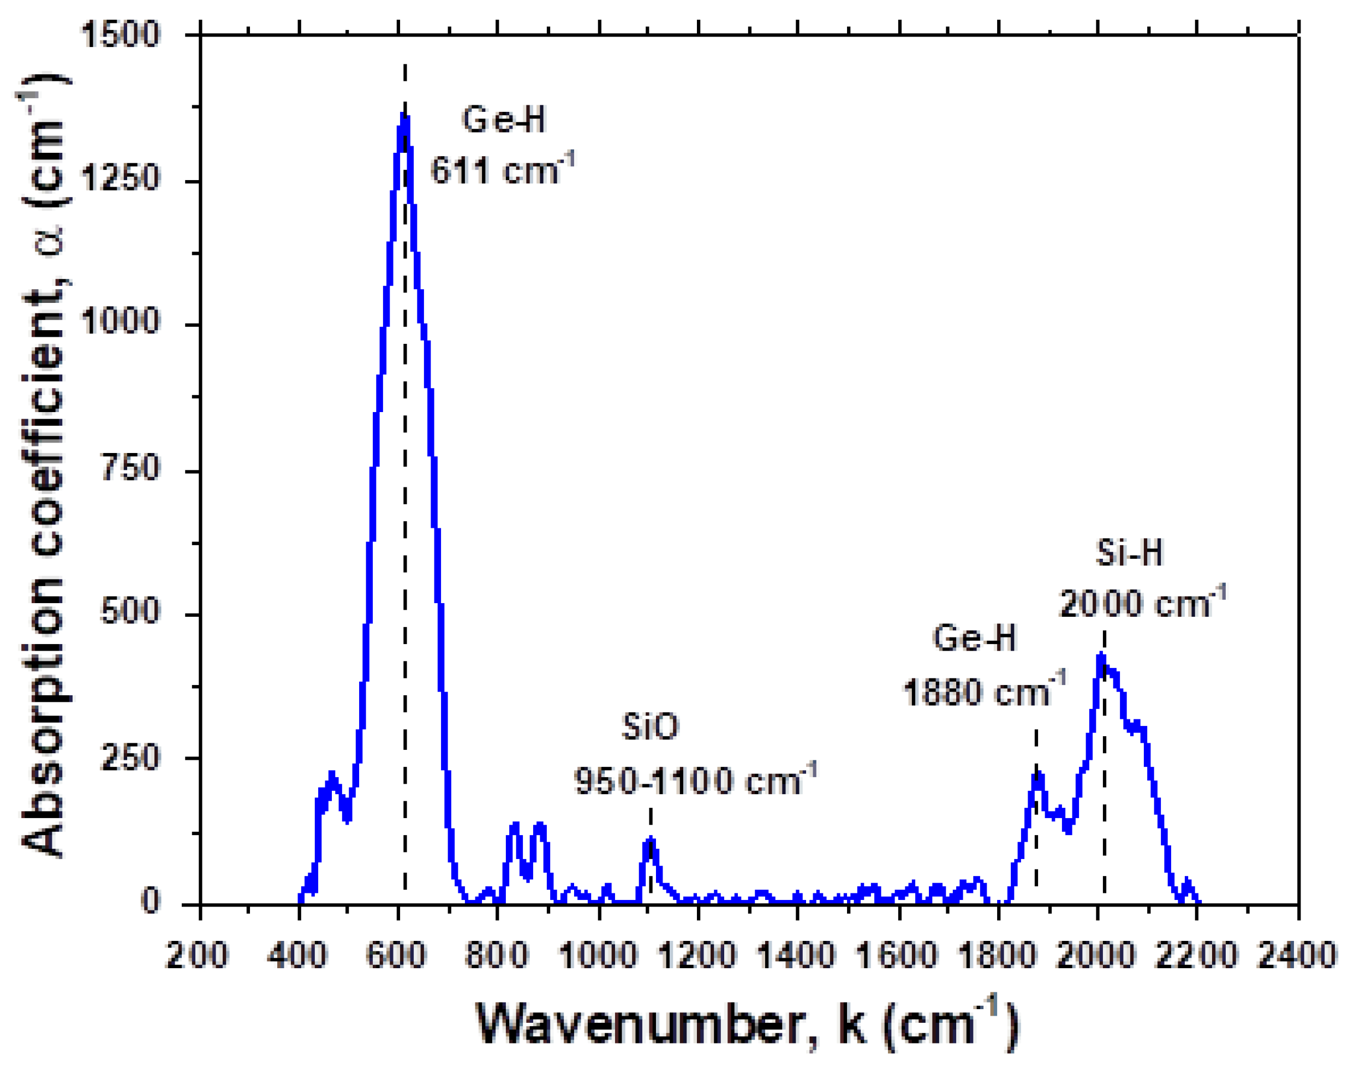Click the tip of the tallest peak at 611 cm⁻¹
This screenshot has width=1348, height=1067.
tap(403, 116)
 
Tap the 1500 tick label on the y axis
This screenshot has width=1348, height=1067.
tap(121, 34)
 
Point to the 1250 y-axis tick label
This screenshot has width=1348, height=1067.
tap(121, 180)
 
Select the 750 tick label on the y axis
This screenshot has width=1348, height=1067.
tap(130, 468)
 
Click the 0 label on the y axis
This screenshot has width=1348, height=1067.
tap(151, 902)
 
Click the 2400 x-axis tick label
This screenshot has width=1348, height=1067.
tap(1296, 956)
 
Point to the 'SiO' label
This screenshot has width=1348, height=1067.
tap(649, 727)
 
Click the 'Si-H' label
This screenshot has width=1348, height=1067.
tap(1129, 553)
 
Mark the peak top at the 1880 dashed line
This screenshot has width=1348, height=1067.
tap(1037, 774)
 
